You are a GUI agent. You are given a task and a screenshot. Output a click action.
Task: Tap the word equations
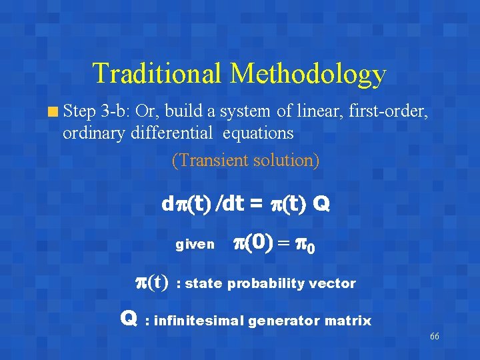pos(258,133)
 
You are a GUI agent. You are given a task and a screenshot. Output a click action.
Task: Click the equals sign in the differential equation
pos(255,203)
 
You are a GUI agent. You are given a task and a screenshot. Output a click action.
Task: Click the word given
pos(195,245)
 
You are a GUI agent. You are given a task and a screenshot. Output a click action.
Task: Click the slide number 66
pos(434,336)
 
